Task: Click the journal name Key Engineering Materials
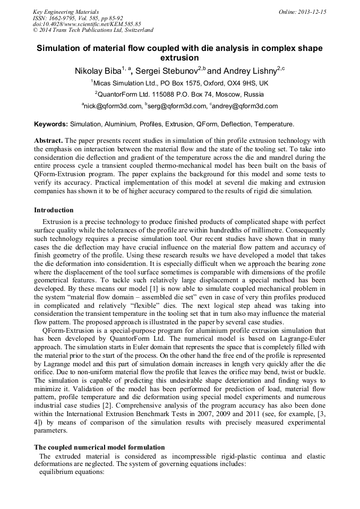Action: [x=66, y=12]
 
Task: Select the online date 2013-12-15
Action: [x=310, y=12]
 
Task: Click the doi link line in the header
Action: [x=87, y=24]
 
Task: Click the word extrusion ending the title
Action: [x=179, y=58]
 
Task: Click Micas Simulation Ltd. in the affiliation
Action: [x=124, y=83]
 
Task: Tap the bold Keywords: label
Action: [x=51, y=124]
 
